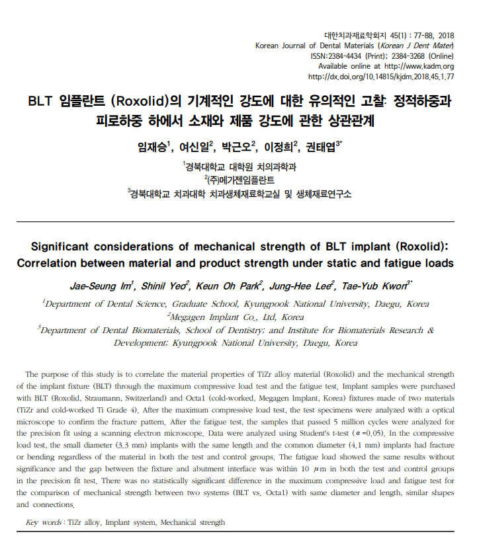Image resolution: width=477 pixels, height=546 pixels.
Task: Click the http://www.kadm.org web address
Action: pyautogui.click(x=419, y=66)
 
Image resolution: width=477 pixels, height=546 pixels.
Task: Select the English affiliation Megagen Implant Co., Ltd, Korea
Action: pyautogui.click(x=239, y=317)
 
